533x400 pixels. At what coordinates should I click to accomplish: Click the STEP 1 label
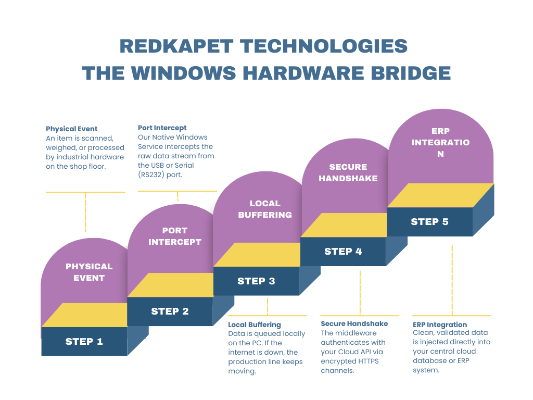[84, 342]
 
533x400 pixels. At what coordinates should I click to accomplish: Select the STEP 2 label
[170, 311]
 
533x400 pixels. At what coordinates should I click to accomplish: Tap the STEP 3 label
[256, 281]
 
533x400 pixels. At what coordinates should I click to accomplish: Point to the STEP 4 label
[343, 252]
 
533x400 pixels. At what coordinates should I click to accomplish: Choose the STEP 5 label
[429, 222]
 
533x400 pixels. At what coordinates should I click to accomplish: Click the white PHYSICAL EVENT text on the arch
[89, 272]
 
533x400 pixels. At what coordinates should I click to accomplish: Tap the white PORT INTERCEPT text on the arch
[175, 236]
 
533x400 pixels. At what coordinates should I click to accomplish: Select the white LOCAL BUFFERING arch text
[265, 209]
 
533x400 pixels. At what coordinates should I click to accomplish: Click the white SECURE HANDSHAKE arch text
[348, 172]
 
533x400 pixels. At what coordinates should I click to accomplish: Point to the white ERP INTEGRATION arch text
[440, 142]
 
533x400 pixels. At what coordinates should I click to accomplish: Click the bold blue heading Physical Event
[72, 129]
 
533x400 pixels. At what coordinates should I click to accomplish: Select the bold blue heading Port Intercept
[162, 128]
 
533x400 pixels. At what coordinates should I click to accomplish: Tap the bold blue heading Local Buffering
[255, 324]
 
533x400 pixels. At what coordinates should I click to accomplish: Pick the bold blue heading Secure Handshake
[354, 323]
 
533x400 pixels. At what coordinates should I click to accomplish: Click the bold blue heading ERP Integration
[440, 324]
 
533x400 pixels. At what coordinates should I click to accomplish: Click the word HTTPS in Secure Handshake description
[367, 361]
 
